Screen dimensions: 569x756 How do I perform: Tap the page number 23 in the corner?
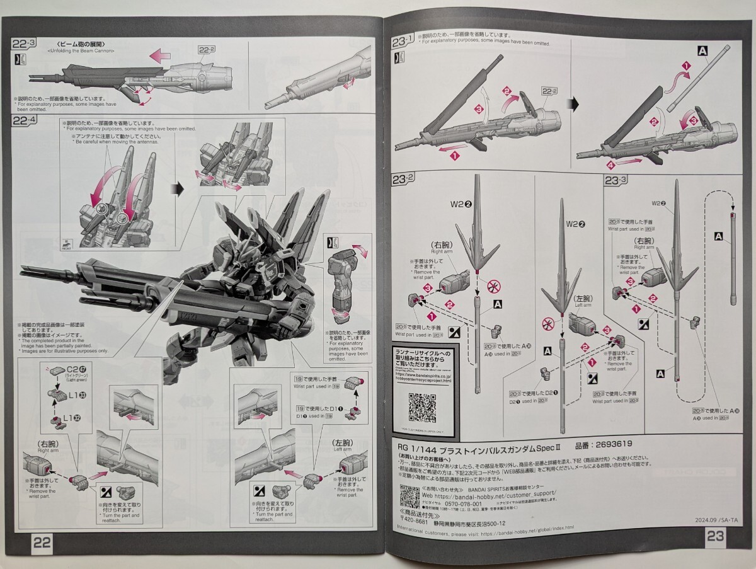click(715, 536)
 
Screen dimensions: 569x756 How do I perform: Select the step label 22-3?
click(25, 43)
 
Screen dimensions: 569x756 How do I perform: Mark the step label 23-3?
click(616, 181)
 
